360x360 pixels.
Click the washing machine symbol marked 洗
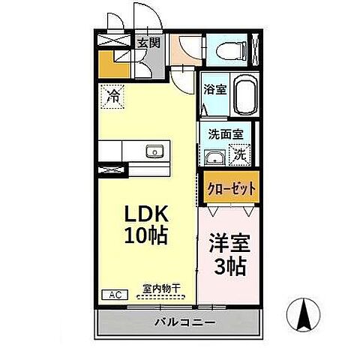point(239,155)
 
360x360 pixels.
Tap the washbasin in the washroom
point(213,157)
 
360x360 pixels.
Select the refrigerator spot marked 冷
point(112,96)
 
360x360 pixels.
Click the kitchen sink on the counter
point(154,150)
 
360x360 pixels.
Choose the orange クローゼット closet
point(229,188)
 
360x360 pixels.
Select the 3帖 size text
point(230,265)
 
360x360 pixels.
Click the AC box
point(109,295)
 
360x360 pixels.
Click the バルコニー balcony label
point(183,322)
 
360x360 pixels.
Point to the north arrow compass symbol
point(305,314)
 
